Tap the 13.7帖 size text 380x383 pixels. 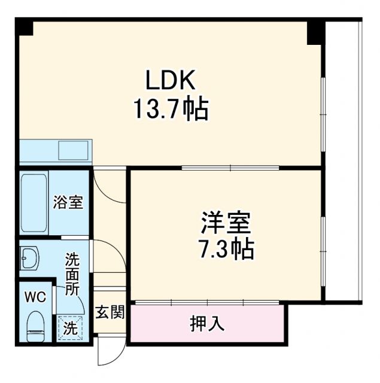(171, 110)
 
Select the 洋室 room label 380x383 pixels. (225, 222)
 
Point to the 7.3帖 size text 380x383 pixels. (227, 248)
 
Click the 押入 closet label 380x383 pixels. (207, 324)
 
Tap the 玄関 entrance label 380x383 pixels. (110, 312)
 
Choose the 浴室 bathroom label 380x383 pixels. (68, 202)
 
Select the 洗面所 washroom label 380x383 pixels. (72, 273)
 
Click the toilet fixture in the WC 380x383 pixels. (36, 324)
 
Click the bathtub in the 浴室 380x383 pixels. (34, 204)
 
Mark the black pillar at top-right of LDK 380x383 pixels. (315, 32)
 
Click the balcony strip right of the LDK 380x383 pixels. (342, 162)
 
